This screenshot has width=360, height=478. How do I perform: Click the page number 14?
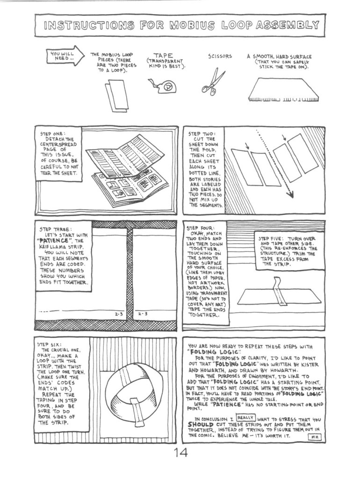180,452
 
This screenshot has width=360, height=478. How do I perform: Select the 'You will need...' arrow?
65,56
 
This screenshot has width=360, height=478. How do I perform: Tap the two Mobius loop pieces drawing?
116,95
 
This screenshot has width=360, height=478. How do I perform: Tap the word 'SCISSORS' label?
220,57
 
